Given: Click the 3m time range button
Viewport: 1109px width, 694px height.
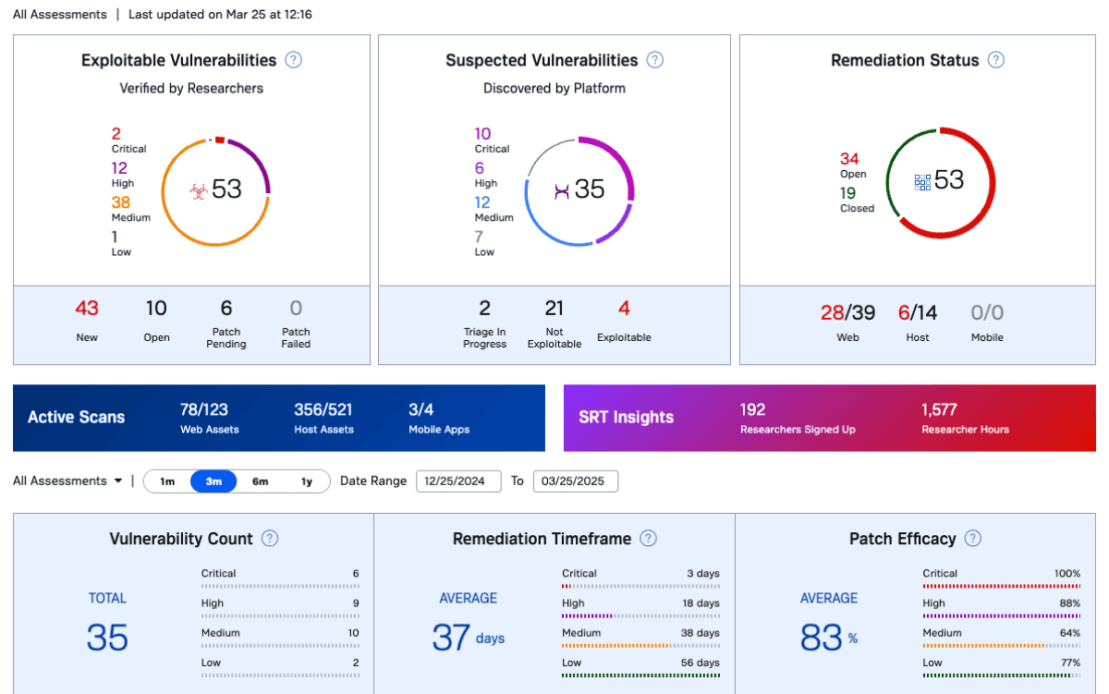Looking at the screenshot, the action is [213, 481].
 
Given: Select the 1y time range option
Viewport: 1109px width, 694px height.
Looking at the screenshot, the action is [307, 481].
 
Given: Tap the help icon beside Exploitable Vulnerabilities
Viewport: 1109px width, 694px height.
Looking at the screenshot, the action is [294, 60].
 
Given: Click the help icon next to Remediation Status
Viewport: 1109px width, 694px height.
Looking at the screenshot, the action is [996, 60].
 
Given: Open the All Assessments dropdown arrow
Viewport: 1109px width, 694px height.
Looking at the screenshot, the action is [118, 481].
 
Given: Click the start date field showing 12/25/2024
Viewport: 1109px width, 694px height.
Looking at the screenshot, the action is [458, 481].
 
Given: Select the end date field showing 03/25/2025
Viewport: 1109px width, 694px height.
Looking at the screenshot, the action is [575, 481].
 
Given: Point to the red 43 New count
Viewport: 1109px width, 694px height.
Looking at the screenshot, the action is [87, 309].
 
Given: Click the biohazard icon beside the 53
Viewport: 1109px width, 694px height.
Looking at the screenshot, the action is [199, 190].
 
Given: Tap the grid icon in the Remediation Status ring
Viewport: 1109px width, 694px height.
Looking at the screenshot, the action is [922, 182].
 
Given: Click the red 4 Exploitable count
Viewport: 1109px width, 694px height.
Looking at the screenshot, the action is [624, 309].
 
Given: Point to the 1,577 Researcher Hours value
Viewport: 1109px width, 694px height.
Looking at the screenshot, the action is [939, 409].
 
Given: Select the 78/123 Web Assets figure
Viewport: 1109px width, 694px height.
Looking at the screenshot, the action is [204, 409].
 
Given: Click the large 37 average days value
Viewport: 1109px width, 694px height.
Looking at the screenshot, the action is [451, 637].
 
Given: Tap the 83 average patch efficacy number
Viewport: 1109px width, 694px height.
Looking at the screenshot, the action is [821, 637].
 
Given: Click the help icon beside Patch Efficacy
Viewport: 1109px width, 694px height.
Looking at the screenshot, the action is [973, 538].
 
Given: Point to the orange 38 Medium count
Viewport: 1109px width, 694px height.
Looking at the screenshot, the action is [121, 202].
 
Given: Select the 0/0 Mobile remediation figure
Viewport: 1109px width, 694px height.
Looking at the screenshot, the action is [987, 312].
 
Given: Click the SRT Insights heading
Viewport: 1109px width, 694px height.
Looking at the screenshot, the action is [627, 417].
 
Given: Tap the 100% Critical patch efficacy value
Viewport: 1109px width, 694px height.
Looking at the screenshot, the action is [1066, 573].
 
